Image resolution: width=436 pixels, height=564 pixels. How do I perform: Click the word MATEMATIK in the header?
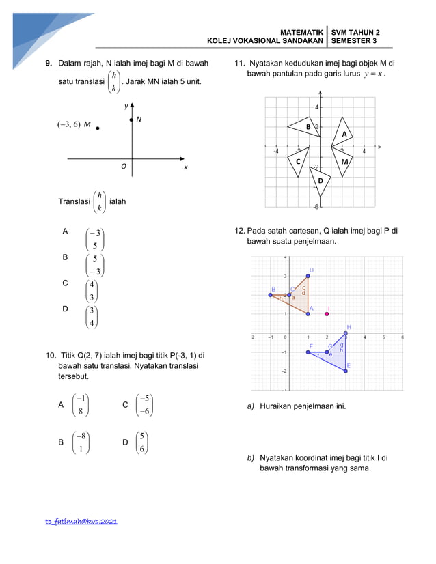point(301,32)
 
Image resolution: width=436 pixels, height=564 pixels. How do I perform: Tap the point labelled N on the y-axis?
point(132,120)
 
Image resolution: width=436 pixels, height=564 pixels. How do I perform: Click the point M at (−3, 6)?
point(98,128)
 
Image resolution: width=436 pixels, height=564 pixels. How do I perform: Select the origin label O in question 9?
point(124,166)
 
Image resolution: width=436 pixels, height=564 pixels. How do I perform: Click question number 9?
point(49,64)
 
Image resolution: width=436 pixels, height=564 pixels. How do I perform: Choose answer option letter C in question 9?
point(65,283)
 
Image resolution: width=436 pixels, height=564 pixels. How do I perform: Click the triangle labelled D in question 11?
point(321,180)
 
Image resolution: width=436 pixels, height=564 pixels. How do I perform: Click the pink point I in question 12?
point(327,313)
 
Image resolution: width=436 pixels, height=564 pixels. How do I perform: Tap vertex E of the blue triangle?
point(346,371)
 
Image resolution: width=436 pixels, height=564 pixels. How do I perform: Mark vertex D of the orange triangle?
point(308,276)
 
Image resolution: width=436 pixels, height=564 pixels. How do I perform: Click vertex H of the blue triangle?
point(346,333)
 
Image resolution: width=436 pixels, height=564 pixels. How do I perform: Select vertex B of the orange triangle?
point(271,294)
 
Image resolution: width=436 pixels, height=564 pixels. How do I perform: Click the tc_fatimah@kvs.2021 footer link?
point(81,521)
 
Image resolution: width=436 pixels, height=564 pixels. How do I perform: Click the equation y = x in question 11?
point(374,74)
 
